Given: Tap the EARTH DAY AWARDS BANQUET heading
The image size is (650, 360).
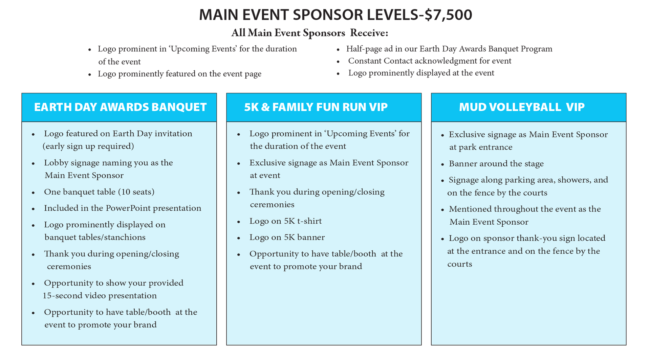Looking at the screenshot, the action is (x=120, y=107).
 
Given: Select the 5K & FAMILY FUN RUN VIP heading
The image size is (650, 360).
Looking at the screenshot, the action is (x=316, y=107).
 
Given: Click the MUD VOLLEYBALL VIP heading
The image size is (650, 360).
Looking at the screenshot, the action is (x=522, y=107).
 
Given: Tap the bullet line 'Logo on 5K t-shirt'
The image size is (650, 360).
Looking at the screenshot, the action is (x=285, y=221).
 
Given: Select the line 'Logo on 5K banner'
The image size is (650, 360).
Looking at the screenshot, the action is (x=287, y=237).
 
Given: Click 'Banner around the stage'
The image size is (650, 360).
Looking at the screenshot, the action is (x=496, y=164).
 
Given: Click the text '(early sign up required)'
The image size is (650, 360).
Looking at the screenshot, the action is (x=88, y=146).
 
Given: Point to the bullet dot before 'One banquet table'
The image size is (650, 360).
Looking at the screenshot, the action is (x=33, y=193).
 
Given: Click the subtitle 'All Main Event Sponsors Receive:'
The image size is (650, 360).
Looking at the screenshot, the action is (x=309, y=33).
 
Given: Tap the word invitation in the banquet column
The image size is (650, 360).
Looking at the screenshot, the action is (x=173, y=134).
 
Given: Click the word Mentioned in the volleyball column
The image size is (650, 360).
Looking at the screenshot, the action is (x=470, y=209).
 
